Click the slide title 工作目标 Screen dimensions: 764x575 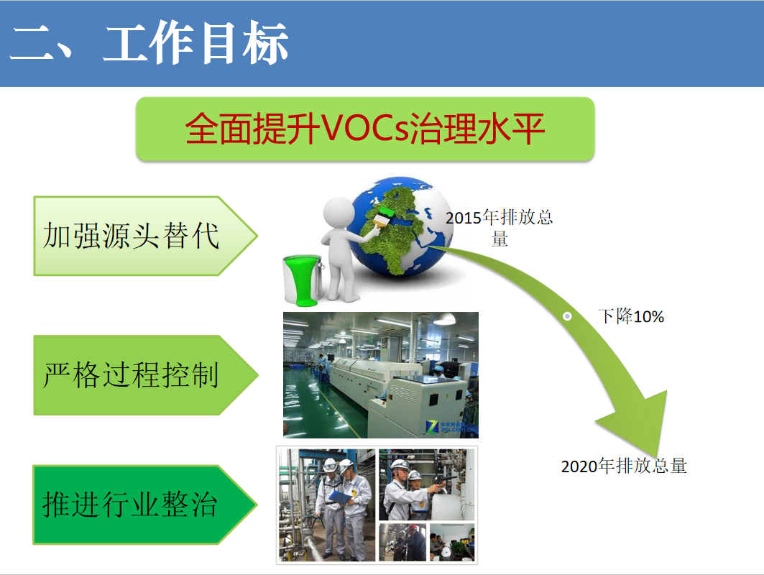pos(196,43)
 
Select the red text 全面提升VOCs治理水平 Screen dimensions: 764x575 pos(364,129)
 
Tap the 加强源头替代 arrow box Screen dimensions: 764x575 pos(145,236)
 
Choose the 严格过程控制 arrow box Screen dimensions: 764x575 pos(145,375)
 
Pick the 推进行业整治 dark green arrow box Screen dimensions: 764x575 pos(144,505)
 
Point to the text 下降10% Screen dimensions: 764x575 pos(631,316)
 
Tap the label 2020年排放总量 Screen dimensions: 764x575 pos(624,466)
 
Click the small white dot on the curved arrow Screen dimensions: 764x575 pos(567,316)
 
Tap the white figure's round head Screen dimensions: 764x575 pos(339,211)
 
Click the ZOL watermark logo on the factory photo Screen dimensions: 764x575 pos(450,428)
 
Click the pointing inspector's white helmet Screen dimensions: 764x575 pos(400,465)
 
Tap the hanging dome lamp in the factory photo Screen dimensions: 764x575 pos(444,319)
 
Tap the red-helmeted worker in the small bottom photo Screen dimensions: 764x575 pos(413,541)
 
